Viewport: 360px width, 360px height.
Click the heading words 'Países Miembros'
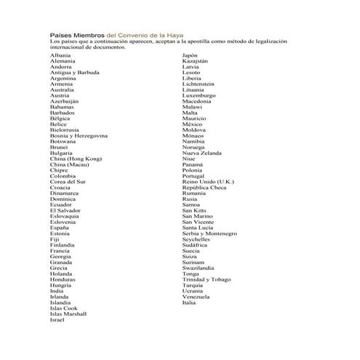(77, 35)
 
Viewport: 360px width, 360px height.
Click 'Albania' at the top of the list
(60, 55)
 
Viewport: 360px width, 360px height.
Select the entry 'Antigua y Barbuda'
(75, 73)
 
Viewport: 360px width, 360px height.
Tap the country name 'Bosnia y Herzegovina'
(79, 136)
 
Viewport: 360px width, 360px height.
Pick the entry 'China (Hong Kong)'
(76, 159)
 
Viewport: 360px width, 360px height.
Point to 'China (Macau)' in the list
(71, 164)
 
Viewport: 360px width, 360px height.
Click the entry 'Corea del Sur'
(68, 182)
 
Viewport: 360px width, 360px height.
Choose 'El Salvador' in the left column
(65, 210)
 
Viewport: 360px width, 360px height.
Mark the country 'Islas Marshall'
(68, 313)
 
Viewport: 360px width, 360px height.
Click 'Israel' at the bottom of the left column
(57, 319)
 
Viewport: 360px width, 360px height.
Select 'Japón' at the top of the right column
(190, 55)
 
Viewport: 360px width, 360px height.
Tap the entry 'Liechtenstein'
(203, 84)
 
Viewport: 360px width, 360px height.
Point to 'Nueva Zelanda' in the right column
(202, 153)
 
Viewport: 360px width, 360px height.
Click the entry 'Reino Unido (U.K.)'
(208, 182)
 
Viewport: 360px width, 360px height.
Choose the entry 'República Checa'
(204, 188)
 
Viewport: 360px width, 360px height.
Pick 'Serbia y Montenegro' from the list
(209, 233)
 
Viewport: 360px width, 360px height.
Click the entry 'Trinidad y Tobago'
(207, 279)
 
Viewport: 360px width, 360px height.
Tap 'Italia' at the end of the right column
(189, 303)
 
